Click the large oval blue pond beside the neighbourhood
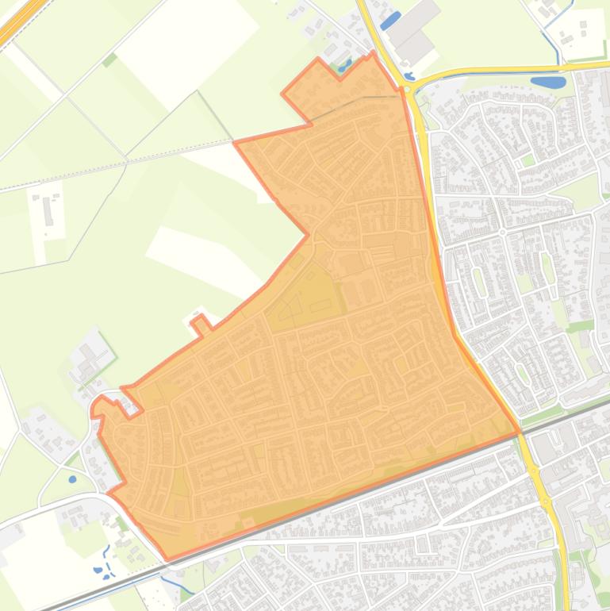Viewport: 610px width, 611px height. point(547,81)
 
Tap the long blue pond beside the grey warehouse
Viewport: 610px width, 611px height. point(390,21)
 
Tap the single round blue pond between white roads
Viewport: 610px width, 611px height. point(73,478)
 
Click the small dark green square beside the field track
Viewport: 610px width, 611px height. point(109,59)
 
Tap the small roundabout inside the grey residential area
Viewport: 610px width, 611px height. point(502,232)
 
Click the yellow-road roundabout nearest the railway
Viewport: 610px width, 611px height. point(546,503)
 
